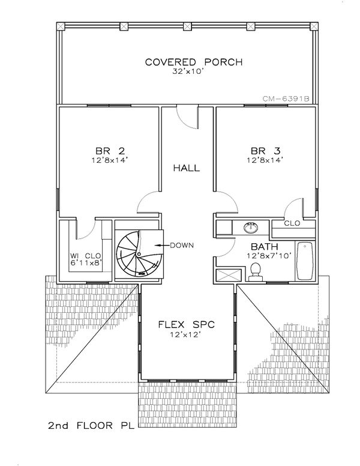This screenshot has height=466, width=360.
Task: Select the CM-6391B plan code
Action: (285, 100)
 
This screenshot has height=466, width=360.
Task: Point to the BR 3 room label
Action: (264, 151)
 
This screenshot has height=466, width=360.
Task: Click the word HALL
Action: (186, 168)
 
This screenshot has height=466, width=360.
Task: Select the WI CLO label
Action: (85, 254)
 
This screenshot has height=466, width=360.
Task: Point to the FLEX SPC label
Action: (186, 325)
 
